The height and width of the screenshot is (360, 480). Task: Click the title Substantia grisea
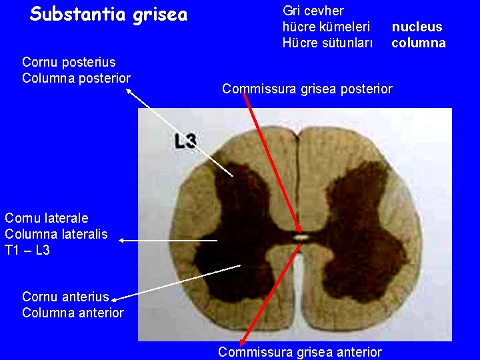(109, 14)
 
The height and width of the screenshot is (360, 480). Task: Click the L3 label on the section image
(185, 141)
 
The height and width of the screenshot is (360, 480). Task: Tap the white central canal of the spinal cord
(301, 237)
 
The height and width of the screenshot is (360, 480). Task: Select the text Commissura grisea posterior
(307, 89)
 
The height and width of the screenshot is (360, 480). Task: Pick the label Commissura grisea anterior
(300, 352)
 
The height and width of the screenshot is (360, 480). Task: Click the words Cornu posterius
(69, 62)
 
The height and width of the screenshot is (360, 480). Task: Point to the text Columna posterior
(76, 78)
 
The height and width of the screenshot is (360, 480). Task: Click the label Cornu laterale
(46, 218)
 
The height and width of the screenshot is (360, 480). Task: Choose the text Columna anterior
(73, 313)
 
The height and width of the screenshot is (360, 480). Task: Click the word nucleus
(417, 27)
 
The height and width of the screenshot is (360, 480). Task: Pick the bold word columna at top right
(419, 43)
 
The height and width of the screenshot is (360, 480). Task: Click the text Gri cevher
(313, 11)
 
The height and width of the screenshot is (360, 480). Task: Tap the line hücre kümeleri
(326, 27)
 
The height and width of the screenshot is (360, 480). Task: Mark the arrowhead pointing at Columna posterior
(129, 92)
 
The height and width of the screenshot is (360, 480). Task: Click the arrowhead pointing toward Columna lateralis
(122, 240)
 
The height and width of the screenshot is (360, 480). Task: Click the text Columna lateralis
(55, 234)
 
